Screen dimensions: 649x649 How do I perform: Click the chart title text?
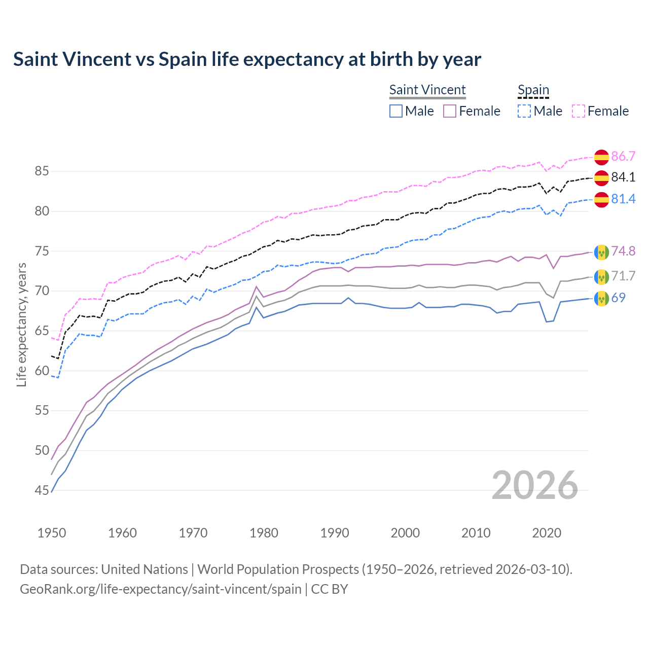tap(247, 59)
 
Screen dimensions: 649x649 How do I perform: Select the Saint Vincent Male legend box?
tap(396, 111)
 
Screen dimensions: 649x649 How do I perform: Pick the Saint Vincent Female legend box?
tap(450, 111)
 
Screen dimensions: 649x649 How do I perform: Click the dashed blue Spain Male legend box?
tap(524, 111)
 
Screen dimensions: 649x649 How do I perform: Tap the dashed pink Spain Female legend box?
tap(579, 111)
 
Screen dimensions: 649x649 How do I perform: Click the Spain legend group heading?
tap(533, 90)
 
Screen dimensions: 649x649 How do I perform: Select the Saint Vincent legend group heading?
tap(427, 90)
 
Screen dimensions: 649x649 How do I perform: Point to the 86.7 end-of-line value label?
tap(623, 156)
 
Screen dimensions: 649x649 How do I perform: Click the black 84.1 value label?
tap(623, 177)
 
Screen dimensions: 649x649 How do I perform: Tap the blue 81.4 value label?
tap(623, 199)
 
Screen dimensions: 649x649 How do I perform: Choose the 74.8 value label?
tap(623, 251)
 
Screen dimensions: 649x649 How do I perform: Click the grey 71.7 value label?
tap(623, 276)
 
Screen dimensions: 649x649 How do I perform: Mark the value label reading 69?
tap(618, 298)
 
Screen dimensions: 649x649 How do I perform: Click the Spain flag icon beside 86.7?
tap(601, 157)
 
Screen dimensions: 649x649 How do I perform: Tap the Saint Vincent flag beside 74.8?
tap(601, 252)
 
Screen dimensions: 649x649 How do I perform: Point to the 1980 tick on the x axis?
tap(264, 533)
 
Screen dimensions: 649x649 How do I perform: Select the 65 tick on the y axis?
tap(42, 331)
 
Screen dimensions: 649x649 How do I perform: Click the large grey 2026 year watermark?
tap(534, 486)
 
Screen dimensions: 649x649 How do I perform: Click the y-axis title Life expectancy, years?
tap(22, 324)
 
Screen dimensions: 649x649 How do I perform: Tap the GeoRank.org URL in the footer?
tap(160, 589)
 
